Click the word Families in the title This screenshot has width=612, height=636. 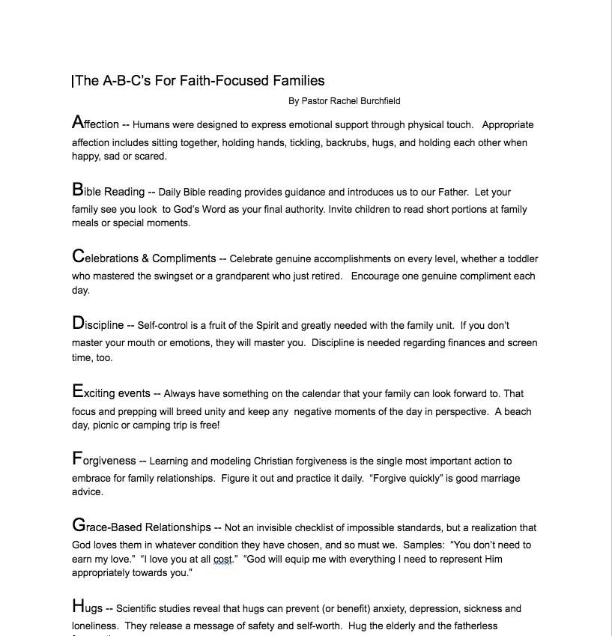pyautogui.click(x=297, y=81)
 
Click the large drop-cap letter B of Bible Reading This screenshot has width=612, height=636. pyautogui.click(x=77, y=190)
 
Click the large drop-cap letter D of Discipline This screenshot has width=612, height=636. pyautogui.click(x=78, y=324)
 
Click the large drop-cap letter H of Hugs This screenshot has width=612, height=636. pyautogui.click(x=78, y=607)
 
